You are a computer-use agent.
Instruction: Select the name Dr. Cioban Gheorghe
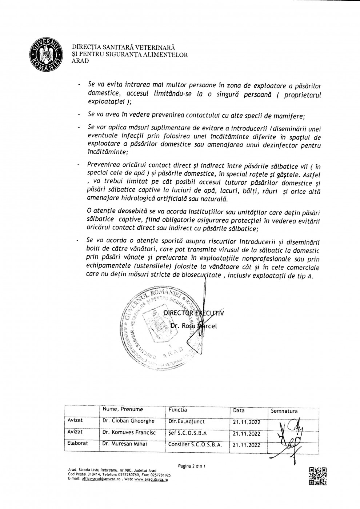(128, 421)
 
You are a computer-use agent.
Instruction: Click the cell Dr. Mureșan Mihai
(125, 444)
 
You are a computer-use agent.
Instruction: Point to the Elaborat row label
(77, 444)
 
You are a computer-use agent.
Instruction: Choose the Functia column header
(178, 410)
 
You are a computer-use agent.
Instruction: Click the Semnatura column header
(284, 411)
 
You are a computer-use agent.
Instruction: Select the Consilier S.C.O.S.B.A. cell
(195, 444)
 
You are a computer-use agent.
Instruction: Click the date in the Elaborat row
(247, 445)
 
